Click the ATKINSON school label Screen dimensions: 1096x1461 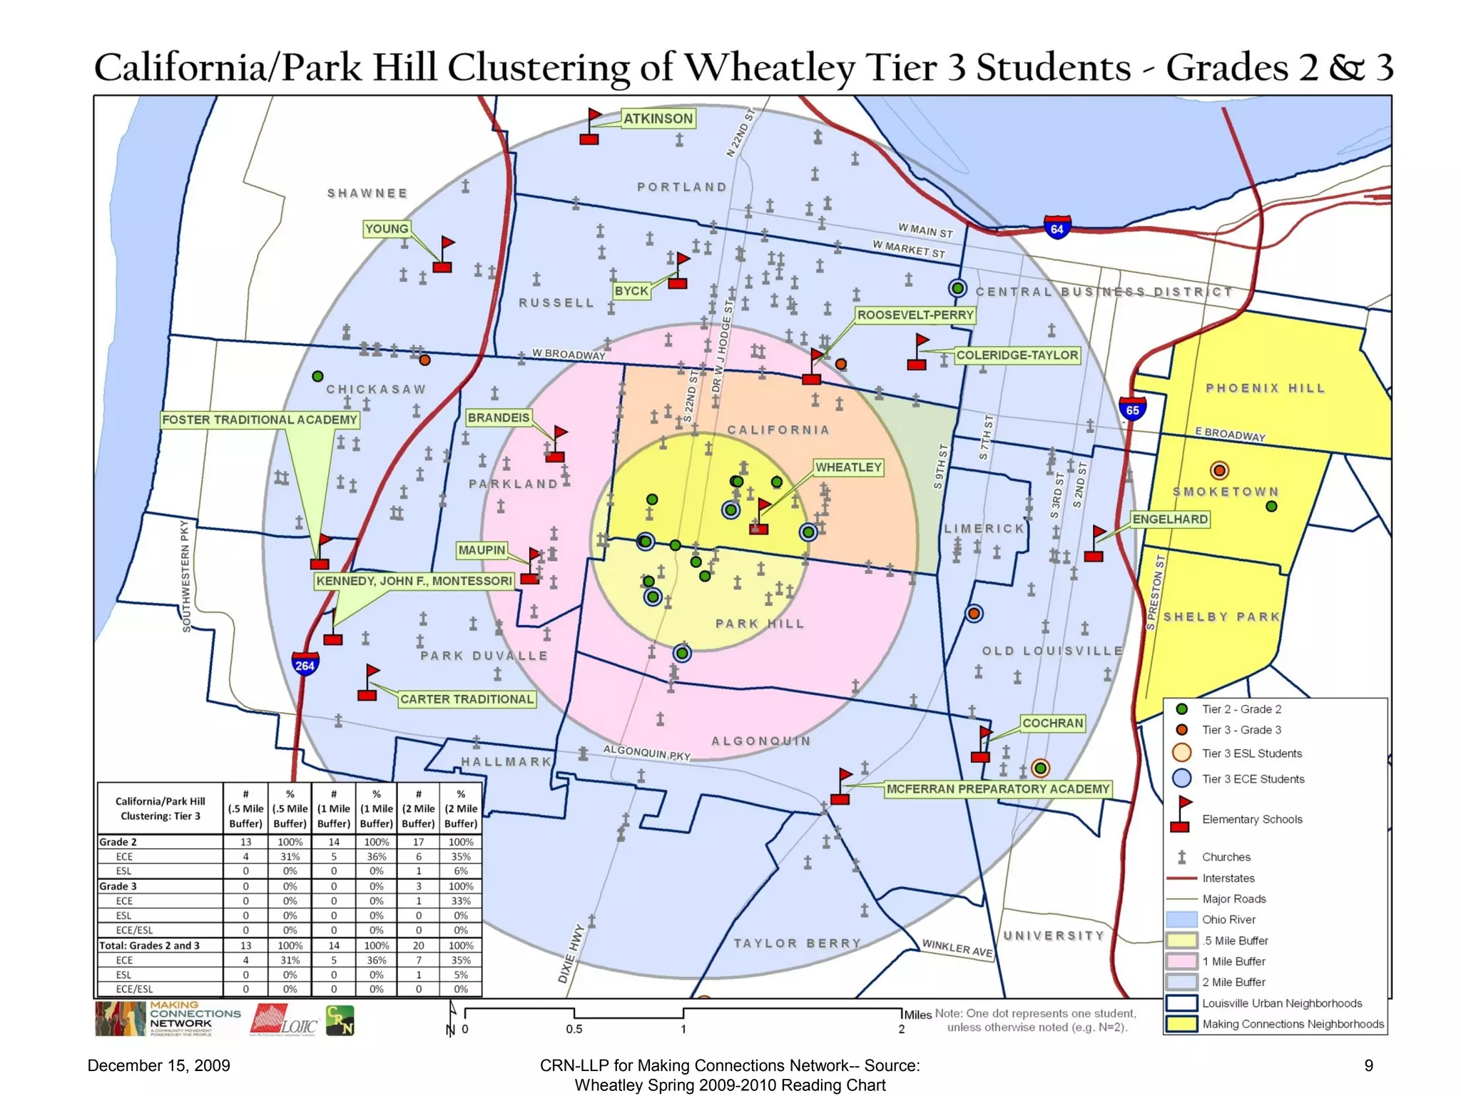[x=658, y=118]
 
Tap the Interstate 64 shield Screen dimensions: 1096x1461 [x=1057, y=228]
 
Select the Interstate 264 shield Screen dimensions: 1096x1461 [x=305, y=665]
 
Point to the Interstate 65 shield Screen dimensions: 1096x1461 [x=1132, y=410]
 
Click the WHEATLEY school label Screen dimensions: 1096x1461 [x=848, y=467]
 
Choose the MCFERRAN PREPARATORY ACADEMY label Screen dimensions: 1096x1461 [x=997, y=789]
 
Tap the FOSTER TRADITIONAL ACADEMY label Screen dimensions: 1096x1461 [x=259, y=420]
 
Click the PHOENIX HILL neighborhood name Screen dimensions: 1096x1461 [x=1265, y=388]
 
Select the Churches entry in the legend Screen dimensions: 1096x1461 [x=1226, y=857]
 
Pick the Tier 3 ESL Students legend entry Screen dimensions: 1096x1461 [x=1251, y=753]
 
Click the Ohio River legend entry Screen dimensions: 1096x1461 [x=1228, y=920]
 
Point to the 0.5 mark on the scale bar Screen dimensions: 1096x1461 [x=574, y=1029]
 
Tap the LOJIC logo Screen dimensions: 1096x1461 [x=284, y=1020]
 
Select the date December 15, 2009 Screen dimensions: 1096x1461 [x=158, y=1066]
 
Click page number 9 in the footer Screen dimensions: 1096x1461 [x=1368, y=1066]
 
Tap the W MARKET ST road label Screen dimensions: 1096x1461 [x=909, y=249]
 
